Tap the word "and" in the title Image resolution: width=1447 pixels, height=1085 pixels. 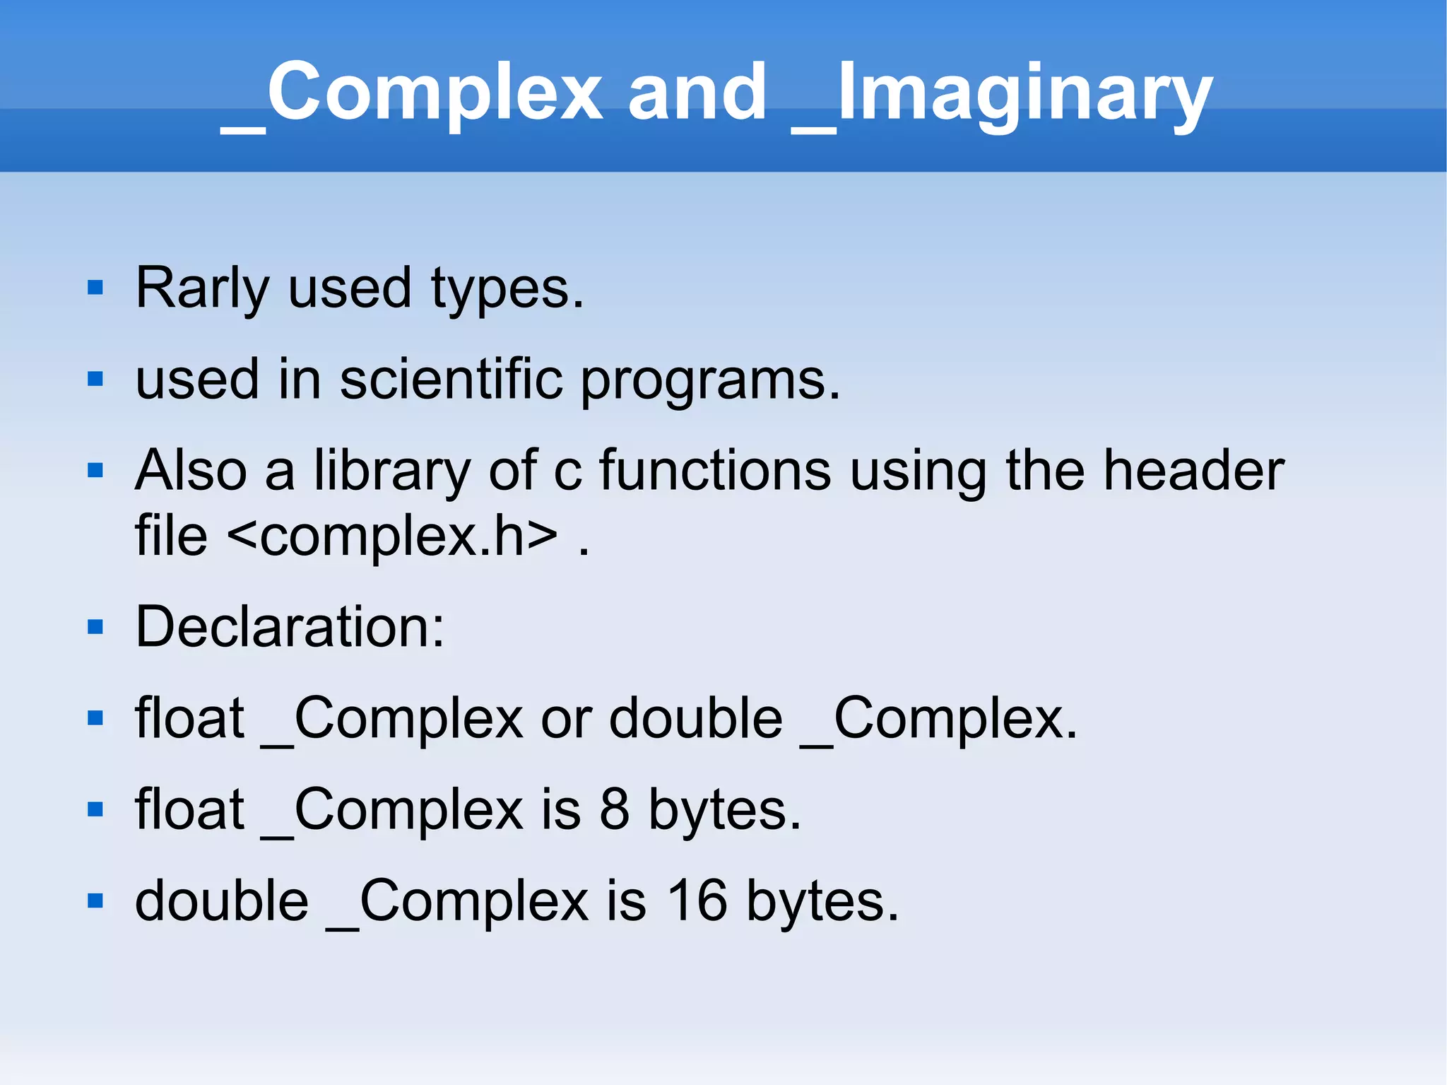click(x=697, y=92)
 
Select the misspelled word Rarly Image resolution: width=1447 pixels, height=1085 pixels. click(x=202, y=288)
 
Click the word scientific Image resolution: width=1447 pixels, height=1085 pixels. click(x=451, y=379)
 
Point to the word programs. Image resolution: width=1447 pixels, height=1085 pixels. click(x=710, y=382)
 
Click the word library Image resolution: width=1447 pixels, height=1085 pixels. click(x=392, y=471)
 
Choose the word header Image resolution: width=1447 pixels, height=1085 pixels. click(x=1193, y=470)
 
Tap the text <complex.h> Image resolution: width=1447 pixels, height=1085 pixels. click(x=393, y=536)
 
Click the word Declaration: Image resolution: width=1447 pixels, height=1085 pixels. click(x=290, y=626)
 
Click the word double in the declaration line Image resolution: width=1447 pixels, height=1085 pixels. click(x=696, y=717)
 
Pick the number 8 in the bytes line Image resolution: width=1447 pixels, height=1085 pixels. click(x=613, y=809)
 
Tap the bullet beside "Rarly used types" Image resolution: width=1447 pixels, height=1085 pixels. click(x=95, y=288)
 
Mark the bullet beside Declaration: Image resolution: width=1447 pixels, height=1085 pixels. click(x=95, y=626)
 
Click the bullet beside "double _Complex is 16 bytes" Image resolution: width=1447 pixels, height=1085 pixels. click(x=95, y=901)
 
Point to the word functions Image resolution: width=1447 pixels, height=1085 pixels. click(x=715, y=470)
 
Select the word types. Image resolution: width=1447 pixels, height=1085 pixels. click(x=507, y=290)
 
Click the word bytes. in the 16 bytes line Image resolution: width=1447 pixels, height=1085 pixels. click(x=822, y=902)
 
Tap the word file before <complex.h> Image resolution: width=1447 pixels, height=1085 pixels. click(x=171, y=536)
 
